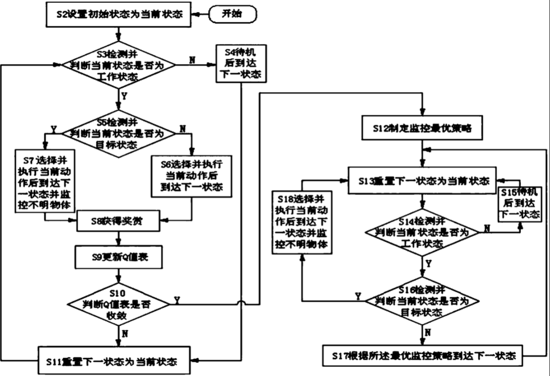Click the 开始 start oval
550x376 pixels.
click(x=232, y=14)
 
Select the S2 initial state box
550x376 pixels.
click(x=119, y=15)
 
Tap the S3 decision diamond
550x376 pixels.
click(x=119, y=65)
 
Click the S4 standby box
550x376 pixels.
click(x=241, y=63)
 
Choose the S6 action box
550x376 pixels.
click(x=192, y=176)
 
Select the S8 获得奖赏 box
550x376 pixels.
click(x=119, y=221)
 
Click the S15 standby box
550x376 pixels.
click(x=519, y=204)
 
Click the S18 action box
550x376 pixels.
click(x=303, y=222)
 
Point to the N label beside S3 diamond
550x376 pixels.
click(x=192, y=59)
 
